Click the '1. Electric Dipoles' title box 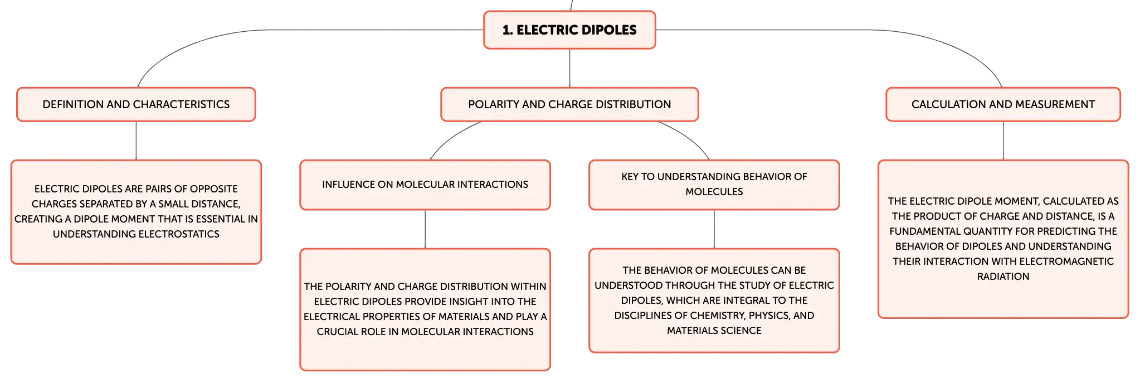tap(569, 30)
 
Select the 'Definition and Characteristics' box tap(136, 104)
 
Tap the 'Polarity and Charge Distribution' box tap(569, 104)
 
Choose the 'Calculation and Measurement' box tap(1003, 104)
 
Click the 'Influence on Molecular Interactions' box tap(425, 185)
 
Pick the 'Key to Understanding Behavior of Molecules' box tap(714, 185)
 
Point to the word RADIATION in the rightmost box tap(1003, 277)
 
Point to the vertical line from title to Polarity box tap(569, 68)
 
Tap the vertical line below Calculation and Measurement tap(1003, 141)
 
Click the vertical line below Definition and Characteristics tap(136, 141)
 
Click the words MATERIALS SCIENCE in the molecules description tap(714, 331)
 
